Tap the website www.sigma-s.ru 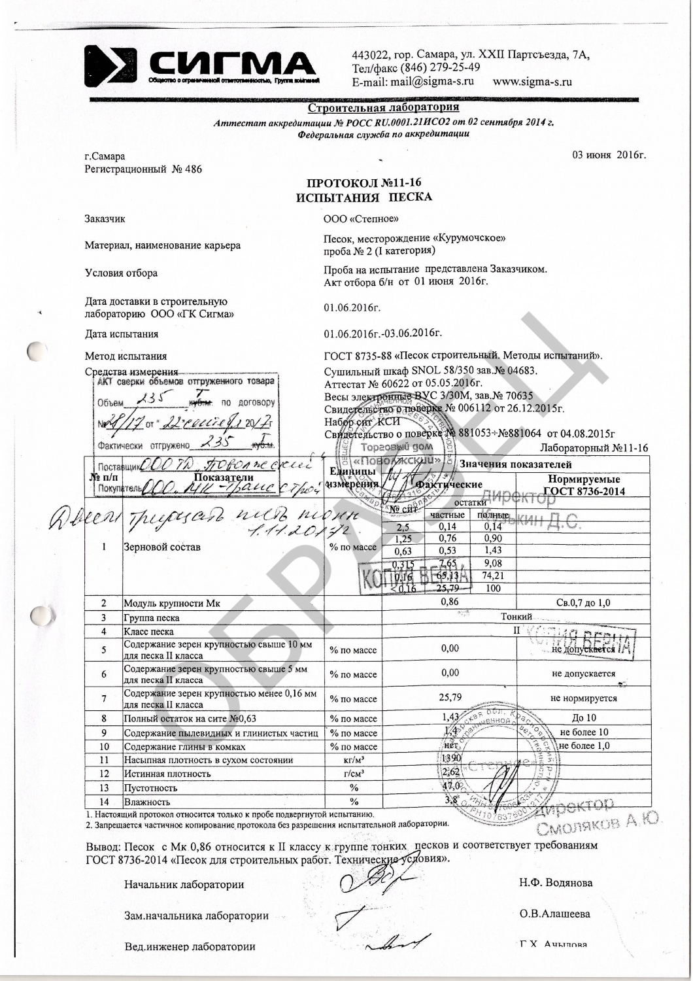[x=532, y=82]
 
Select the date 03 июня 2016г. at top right [x=609, y=155]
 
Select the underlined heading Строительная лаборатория [x=382, y=107]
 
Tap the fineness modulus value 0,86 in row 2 [x=450, y=602]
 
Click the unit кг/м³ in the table [x=354, y=761]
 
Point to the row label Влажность [x=147, y=802]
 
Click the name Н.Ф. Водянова [x=556, y=883]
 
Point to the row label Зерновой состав [x=162, y=547]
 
